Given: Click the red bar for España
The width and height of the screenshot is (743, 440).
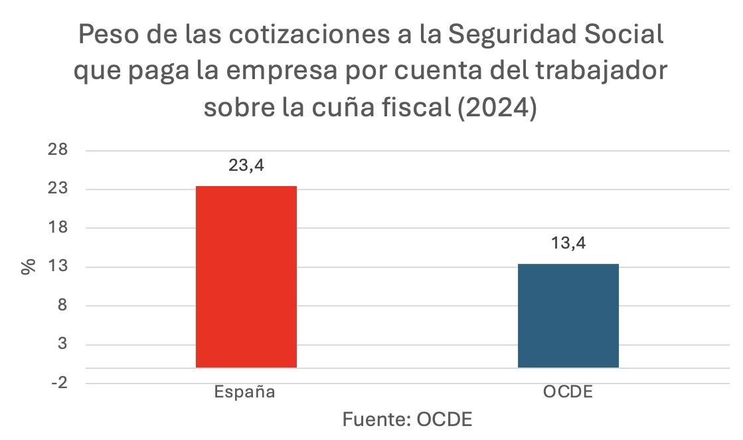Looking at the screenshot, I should click(x=246, y=276).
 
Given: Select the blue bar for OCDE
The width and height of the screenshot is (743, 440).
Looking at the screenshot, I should click(x=568, y=316).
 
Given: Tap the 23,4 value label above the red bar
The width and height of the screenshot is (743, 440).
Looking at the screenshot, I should click(x=246, y=165).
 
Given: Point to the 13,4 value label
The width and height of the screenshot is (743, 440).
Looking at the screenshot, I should click(x=568, y=243).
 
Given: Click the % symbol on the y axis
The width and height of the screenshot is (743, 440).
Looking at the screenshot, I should click(x=28, y=267).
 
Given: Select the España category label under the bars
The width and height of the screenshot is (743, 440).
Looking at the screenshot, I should click(x=244, y=391).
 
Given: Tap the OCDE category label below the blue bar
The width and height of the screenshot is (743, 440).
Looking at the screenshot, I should click(x=568, y=391).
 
